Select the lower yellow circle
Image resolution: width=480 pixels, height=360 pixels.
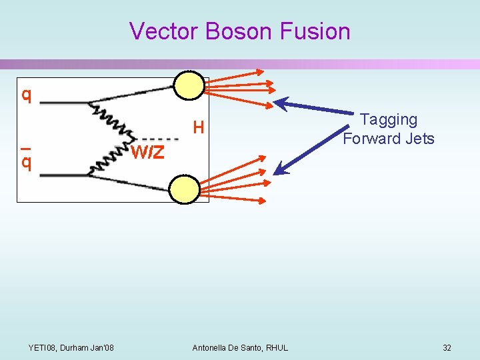(x=184, y=189)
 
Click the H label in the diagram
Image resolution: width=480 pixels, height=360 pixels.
(x=198, y=126)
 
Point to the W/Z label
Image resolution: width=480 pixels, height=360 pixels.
(x=147, y=153)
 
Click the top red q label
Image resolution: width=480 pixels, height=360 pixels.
(x=26, y=95)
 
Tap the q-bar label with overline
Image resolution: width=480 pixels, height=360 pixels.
(x=26, y=161)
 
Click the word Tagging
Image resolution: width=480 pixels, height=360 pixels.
(x=388, y=120)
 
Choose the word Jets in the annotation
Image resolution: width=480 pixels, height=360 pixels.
(x=419, y=139)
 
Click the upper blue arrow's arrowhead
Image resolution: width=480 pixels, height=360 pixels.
(x=280, y=103)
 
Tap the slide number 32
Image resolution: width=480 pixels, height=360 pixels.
(x=447, y=348)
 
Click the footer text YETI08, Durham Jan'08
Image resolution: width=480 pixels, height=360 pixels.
(x=71, y=348)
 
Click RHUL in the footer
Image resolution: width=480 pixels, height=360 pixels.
(x=277, y=348)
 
